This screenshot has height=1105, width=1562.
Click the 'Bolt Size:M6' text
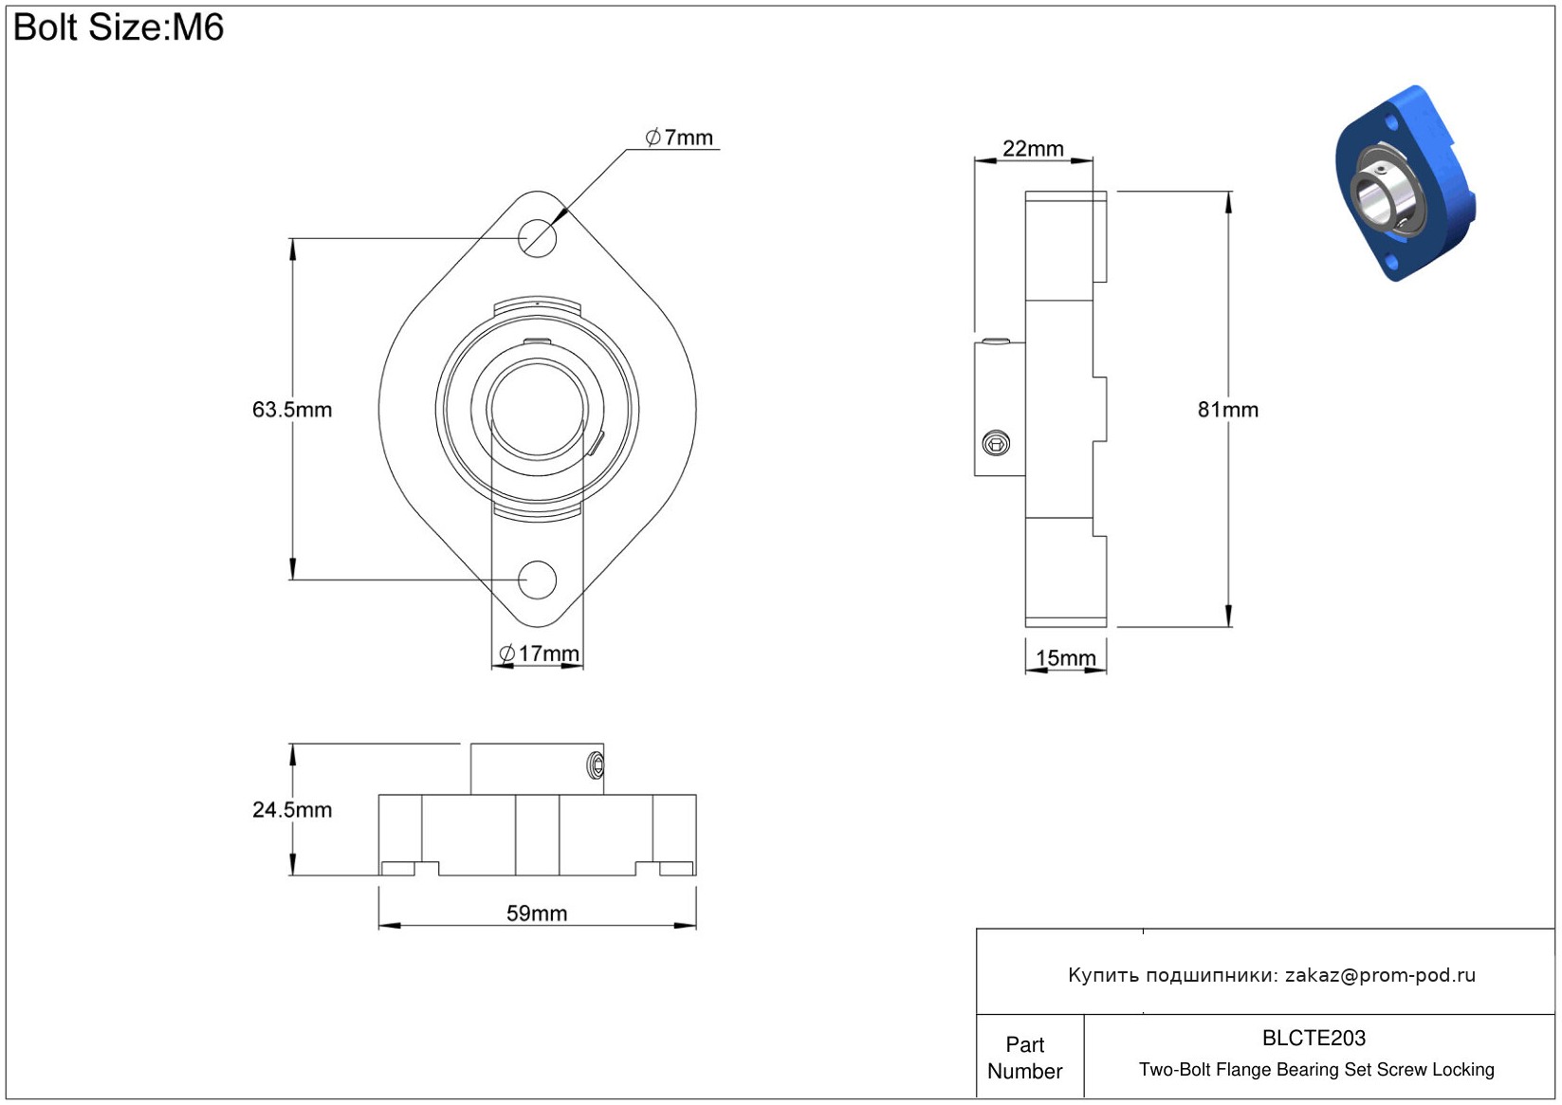119,28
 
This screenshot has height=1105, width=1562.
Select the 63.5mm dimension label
292,410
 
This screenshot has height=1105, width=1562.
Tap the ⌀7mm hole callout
679,138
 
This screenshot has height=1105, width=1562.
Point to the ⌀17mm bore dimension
539,654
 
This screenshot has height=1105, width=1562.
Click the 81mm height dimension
1228,410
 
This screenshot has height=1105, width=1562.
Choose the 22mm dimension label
1033,149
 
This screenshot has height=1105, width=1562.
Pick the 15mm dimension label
1065,658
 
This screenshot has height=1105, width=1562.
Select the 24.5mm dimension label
292,810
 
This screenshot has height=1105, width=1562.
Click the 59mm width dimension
537,913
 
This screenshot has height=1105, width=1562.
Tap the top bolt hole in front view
537,238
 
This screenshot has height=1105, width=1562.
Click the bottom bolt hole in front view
537,580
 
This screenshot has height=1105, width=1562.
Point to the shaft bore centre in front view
537,410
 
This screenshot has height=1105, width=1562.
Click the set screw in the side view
996,444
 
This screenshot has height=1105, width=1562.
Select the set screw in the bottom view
597,766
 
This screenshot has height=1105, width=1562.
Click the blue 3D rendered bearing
1406,183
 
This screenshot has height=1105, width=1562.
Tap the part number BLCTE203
1314,1039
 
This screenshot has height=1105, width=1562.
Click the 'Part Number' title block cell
1025,1058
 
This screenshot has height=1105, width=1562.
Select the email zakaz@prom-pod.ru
1380,975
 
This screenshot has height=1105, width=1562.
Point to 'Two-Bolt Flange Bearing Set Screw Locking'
1316,1070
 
